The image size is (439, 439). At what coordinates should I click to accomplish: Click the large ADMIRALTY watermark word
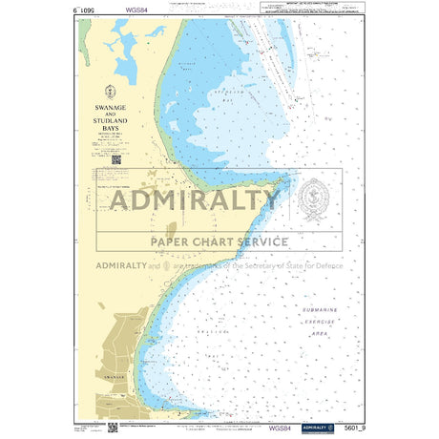(195, 200)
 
